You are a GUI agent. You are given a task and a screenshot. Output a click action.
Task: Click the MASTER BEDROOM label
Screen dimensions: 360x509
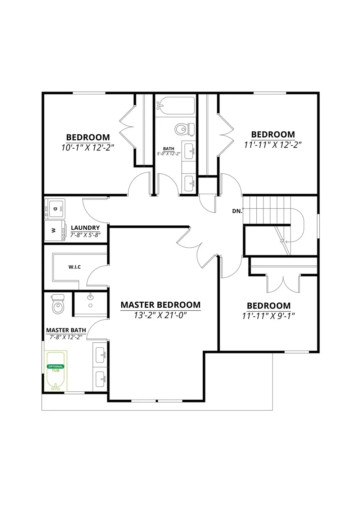(161, 305)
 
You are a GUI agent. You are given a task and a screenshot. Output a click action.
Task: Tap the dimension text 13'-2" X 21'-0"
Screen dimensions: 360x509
(160, 315)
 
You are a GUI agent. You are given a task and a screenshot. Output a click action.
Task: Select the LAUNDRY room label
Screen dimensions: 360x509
(85, 228)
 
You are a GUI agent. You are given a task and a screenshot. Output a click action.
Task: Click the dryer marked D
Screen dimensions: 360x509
(55, 208)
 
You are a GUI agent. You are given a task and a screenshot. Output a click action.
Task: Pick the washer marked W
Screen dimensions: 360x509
(55, 230)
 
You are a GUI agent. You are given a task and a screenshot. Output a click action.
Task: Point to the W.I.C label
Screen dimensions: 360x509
(75, 267)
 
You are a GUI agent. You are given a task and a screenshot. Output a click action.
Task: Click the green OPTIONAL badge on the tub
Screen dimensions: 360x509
(56, 366)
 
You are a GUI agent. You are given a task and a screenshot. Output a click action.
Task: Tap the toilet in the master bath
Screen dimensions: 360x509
(58, 304)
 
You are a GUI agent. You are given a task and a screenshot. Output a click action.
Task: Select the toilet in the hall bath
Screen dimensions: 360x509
(185, 129)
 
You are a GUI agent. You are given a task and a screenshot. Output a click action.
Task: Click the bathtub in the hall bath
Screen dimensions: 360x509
(175, 106)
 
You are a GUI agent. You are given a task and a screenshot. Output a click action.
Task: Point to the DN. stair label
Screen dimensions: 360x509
(237, 211)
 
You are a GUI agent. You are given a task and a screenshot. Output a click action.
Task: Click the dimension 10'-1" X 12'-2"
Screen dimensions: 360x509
(87, 148)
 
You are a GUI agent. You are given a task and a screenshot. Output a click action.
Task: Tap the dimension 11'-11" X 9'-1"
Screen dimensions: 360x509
(269, 316)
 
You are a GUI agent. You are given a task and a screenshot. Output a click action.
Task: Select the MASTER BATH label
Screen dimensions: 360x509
(66, 330)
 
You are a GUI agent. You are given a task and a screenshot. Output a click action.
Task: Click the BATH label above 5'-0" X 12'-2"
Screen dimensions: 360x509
(168, 149)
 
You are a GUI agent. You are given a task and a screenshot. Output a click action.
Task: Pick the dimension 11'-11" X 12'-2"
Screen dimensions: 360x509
(273, 145)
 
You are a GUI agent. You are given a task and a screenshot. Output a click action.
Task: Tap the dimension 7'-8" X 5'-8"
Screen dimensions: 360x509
(85, 235)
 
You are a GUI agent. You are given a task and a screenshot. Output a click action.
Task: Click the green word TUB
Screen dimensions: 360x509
(56, 370)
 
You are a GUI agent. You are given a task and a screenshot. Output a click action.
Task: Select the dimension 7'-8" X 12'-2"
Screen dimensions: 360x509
(66, 337)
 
